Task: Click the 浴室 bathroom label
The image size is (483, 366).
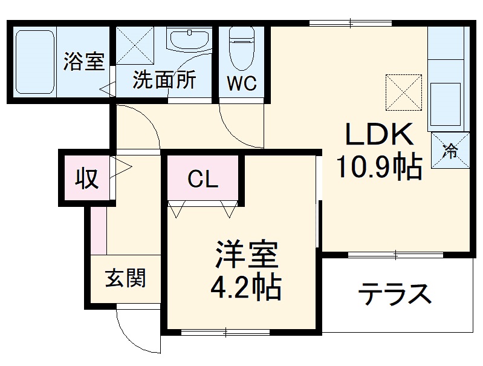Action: click(x=84, y=62)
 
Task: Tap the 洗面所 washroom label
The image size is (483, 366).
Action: click(x=164, y=80)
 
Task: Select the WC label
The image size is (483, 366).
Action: click(x=242, y=83)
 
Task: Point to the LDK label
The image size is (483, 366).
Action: click(x=379, y=134)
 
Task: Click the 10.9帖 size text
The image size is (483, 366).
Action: click(x=379, y=167)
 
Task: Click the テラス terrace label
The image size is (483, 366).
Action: click(x=395, y=295)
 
